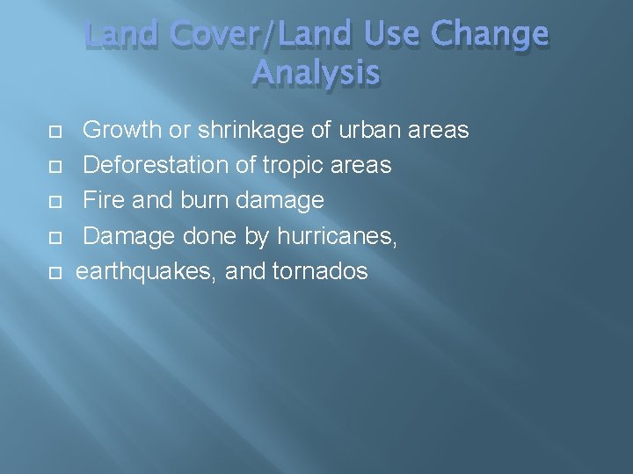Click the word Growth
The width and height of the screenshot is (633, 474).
(122, 131)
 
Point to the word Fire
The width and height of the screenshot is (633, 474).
(102, 200)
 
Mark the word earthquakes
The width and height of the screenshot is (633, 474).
(146, 271)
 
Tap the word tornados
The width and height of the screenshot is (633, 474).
(320, 271)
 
